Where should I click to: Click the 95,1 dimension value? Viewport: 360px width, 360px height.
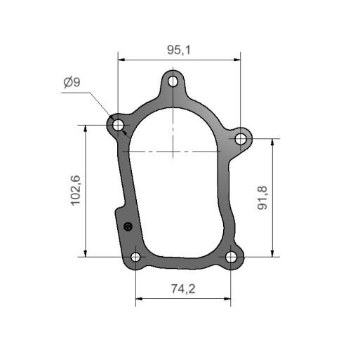click(x=179, y=50)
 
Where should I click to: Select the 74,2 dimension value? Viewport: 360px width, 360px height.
click(x=183, y=289)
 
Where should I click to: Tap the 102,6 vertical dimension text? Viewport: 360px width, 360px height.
click(x=76, y=190)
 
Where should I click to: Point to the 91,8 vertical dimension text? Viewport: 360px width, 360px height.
click(x=262, y=198)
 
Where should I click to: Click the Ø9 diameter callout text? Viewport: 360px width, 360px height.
click(x=72, y=82)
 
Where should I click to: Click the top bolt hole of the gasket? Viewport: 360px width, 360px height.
click(x=173, y=81)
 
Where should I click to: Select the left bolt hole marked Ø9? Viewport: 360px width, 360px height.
click(x=118, y=126)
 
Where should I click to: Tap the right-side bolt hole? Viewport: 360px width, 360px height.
click(x=241, y=139)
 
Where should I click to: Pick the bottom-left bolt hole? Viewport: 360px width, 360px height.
click(x=135, y=258)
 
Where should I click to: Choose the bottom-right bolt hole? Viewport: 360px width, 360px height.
click(x=231, y=258)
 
